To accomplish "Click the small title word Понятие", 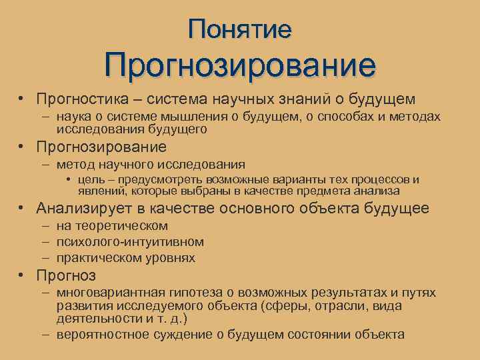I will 240,29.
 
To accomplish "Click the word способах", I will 343,117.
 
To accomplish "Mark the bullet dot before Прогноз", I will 22,275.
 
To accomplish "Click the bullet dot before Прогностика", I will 22,99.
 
